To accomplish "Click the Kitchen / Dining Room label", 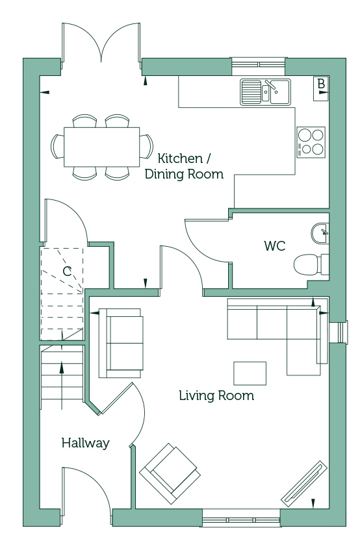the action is tap(184, 166).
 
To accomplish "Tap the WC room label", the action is tap(275, 245).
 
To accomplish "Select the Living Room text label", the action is tap(216, 395).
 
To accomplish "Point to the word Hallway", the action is tap(86, 443).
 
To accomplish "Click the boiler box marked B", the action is tap(321, 89).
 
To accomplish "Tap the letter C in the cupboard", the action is tap(67, 271).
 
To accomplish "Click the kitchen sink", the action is tap(266, 92).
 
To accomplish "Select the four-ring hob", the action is tap(311, 142).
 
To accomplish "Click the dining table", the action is tap(102, 147).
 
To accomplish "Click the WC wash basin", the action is tap(320, 232).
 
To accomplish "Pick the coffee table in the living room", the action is tap(250, 373).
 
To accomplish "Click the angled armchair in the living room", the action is tap(170, 473).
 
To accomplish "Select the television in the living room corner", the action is tap(303, 483).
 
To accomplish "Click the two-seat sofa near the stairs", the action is tap(121, 344).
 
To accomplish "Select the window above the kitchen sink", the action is tap(259, 65).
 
